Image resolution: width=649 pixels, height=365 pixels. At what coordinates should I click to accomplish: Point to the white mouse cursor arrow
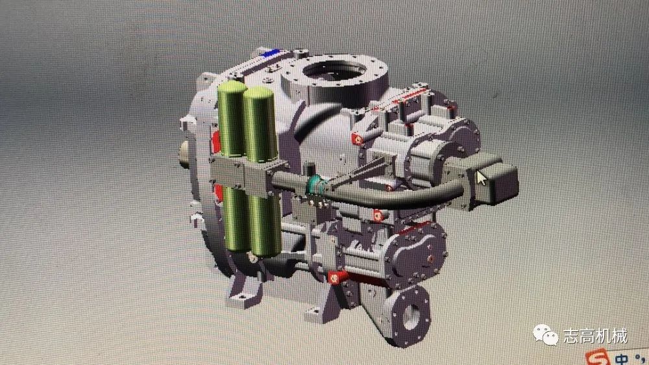click(x=481, y=179)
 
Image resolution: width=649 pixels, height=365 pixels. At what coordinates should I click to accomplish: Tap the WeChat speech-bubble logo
click(x=546, y=334)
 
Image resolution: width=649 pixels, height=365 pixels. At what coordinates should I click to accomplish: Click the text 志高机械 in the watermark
click(x=596, y=336)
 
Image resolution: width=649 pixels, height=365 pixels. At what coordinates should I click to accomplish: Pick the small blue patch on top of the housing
click(x=271, y=53)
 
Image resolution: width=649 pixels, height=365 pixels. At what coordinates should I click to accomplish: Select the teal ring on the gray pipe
click(x=315, y=185)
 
